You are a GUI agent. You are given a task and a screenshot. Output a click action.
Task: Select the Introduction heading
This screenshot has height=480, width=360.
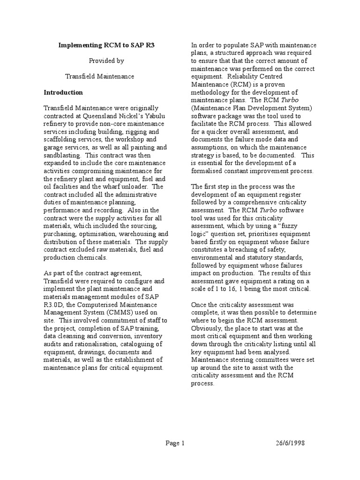coord(63,92)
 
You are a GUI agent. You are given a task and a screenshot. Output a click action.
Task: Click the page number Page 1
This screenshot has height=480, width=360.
coord(175,443)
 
